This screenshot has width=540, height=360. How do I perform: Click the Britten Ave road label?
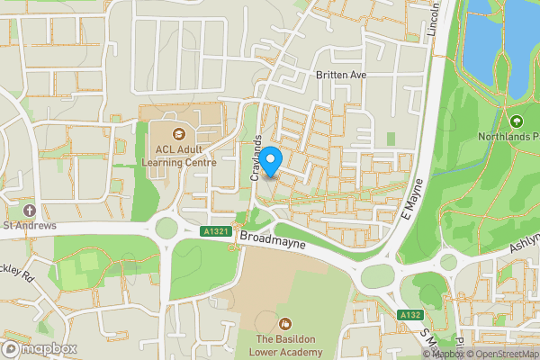(x=341, y=76)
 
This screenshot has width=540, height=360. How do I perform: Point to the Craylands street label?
(x=256, y=161)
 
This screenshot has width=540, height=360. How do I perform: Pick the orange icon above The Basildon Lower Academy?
(x=285, y=322)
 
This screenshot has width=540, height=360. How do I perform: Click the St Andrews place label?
(x=30, y=225)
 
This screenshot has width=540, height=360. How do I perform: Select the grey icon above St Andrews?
(x=30, y=209)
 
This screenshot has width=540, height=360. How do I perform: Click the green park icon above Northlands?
(x=517, y=121)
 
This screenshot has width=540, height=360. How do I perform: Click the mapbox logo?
(x=40, y=349)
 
